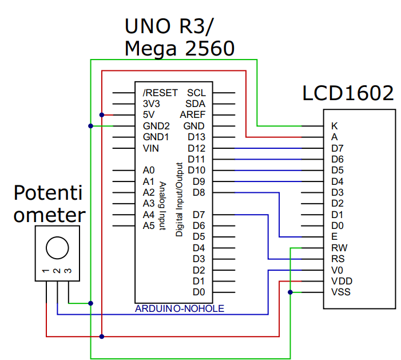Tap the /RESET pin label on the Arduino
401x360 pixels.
(160, 93)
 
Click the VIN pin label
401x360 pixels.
(151, 148)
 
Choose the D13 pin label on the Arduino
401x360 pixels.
(196, 137)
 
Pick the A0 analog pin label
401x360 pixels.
(149, 171)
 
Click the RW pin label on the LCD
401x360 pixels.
(339, 248)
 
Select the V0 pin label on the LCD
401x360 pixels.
(337, 270)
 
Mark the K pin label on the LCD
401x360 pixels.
(334, 126)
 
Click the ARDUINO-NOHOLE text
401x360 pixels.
(179, 309)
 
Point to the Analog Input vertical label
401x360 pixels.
(162, 206)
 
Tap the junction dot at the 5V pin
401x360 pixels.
(102, 114)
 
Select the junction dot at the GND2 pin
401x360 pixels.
(90, 126)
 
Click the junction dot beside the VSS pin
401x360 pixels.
(291, 292)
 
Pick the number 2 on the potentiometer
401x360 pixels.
(57, 271)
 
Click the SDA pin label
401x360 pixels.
(196, 104)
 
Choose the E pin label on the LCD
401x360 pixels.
(334, 236)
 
